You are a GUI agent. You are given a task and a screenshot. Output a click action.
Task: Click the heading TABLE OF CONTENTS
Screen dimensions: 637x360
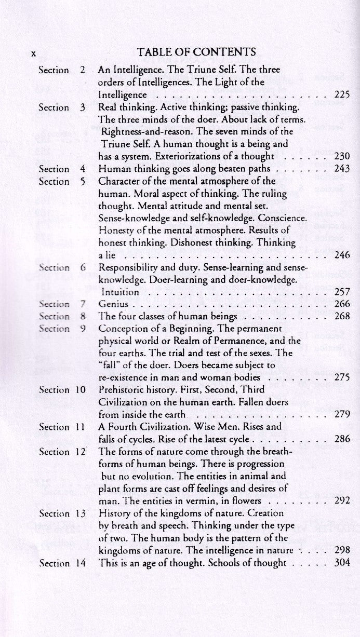(x=196, y=52)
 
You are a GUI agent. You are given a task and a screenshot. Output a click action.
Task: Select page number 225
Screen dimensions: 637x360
(x=342, y=95)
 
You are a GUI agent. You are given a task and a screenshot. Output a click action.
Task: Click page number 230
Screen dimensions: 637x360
(x=342, y=156)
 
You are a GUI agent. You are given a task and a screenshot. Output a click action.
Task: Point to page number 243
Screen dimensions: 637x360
(x=342, y=169)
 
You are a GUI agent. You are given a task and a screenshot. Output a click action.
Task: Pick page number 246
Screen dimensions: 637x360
(x=342, y=255)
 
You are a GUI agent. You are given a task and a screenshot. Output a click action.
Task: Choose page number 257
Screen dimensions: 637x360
(x=342, y=292)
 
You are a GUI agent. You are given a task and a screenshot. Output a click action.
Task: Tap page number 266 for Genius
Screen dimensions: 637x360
(x=342, y=304)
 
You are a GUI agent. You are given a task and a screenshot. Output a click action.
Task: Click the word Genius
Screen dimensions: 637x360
(x=112, y=304)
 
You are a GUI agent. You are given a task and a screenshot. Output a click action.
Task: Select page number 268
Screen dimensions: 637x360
(x=342, y=317)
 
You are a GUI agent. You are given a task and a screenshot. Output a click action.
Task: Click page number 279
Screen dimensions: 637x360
(x=342, y=414)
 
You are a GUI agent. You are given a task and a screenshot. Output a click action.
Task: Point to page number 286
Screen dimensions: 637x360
(x=342, y=439)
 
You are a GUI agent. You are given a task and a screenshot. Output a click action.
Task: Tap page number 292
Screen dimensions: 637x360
(x=342, y=501)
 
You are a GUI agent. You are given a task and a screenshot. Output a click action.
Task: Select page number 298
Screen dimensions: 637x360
(x=342, y=550)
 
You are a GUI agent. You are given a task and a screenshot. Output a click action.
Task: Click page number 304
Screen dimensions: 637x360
(x=342, y=562)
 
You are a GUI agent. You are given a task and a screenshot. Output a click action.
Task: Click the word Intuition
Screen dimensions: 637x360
(x=119, y=292)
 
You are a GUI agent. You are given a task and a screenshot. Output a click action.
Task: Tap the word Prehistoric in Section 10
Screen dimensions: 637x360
(x=122, y=390)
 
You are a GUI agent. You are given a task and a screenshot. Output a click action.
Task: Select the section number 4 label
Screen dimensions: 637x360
(x=82, y=169)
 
